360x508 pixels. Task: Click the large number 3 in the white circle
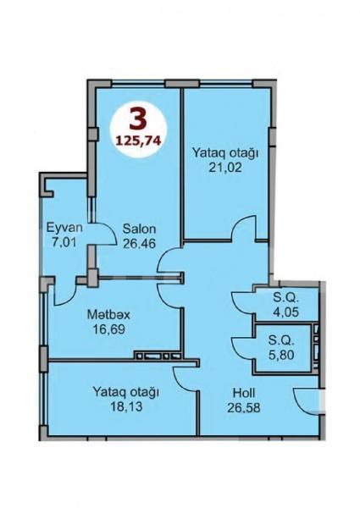[138, 119]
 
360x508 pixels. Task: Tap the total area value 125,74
[138, 141]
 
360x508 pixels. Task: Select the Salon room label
[139, 229]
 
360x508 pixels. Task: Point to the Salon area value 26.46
[139, 243]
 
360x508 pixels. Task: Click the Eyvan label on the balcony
[64, 228]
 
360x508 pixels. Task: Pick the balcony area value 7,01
[64, 242]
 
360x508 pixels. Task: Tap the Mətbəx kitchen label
[108, 315]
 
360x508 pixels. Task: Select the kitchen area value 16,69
[108, 329]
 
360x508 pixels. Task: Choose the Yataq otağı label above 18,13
[125, 392]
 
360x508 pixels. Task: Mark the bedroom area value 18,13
[126, 406]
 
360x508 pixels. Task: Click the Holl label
[244, 393]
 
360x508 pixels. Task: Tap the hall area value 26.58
[244, 407]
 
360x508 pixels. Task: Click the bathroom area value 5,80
[281, 355]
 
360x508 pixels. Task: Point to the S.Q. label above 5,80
[281, 341]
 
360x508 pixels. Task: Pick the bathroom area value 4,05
[285, 312]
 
